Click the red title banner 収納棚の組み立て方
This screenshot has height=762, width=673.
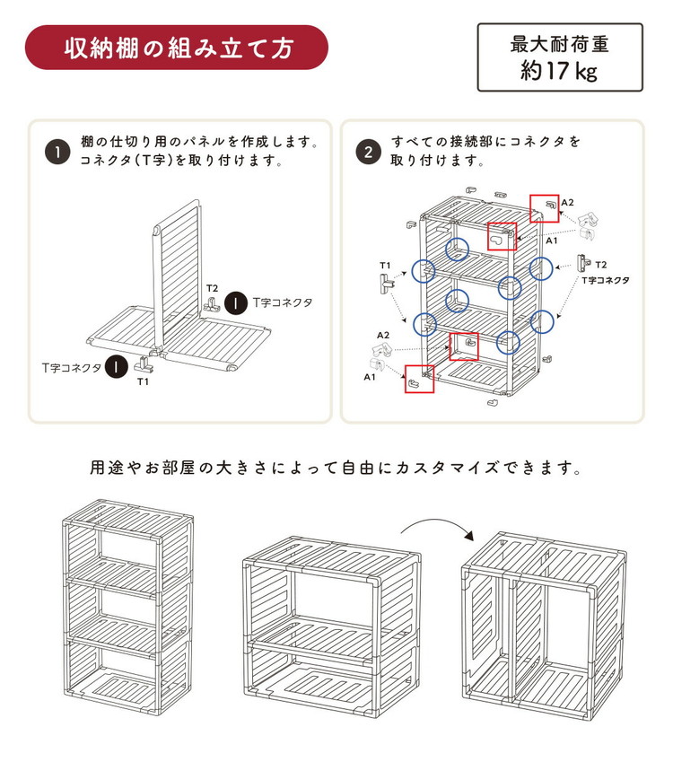click(176, 48)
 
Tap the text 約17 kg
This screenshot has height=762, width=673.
click(559, 71)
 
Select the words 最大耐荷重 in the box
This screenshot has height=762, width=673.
click(559, 43)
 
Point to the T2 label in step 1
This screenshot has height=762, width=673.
click(213, 288)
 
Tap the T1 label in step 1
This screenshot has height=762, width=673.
click(143, 381)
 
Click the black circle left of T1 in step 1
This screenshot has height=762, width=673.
click(115, 366)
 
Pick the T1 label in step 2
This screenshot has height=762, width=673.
click(385, 266)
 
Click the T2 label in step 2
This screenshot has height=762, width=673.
click(600, 265)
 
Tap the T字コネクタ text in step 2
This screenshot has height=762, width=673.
click(605, 280)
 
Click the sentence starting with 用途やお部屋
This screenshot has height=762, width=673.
click(336, 469)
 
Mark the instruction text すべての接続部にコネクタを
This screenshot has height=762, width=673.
click(485, 143)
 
